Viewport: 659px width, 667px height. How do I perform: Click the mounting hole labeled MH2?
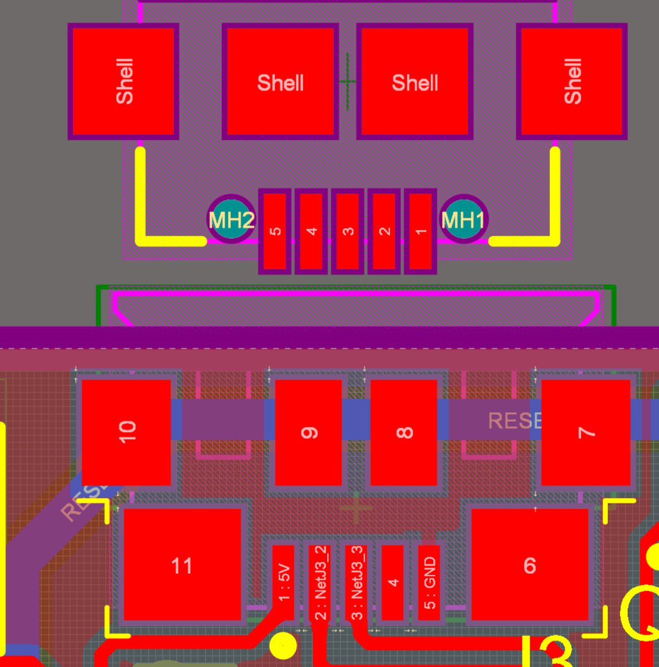[x=231, y=219]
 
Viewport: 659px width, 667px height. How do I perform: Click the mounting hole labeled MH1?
[x=463, y=219]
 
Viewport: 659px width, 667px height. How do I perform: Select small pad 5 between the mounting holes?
[x=275, y=231]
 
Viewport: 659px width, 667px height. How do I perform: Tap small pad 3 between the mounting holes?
[x=347, y=231]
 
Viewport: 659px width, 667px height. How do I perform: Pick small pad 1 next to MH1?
[x=420, y=231]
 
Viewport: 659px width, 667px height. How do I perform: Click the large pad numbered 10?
[x=126, y=431]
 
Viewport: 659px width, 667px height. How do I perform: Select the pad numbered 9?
[x=308, y=433]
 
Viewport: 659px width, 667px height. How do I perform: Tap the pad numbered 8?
[x=404, y=433]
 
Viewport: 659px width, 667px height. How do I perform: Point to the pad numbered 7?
[x=586, y=433]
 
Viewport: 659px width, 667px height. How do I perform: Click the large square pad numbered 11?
[x=182, y=565]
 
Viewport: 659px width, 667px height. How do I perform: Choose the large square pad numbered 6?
[x=530, y=565]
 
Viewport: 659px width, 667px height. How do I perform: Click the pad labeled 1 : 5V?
[x=283, y=582]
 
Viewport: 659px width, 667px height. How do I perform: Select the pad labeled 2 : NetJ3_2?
[x=320, y=582]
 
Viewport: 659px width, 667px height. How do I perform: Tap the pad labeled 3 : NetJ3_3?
[x=356, y=582]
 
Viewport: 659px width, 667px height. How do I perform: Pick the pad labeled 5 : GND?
[x=429, y=582]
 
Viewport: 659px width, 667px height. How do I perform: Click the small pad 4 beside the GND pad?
[x=393, y=582]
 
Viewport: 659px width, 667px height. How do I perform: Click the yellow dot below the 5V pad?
[x=283, y=646]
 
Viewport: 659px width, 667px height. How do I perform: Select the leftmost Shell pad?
[x=123, y=81]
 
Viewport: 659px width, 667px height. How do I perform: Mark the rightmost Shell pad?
[x=571, y=81]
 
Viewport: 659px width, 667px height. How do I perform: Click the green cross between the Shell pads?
[x=347, y=81]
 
